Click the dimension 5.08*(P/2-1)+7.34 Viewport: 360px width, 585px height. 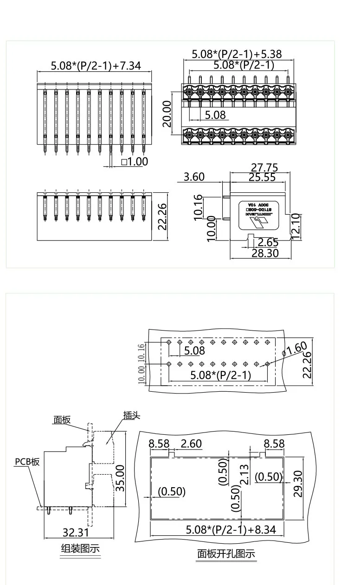[x=95, y=66]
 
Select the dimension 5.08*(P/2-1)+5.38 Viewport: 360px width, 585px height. [x=237, y=54]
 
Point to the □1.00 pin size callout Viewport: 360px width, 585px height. [x=134, y=161]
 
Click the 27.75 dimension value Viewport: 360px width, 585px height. [x=264, y=168]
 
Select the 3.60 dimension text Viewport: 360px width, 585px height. [x=194, y=177]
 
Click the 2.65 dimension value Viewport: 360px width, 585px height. [x=268, y=242]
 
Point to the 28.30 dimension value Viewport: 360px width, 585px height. [x=265, y=253]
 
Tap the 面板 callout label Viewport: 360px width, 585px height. [x=62, y=420]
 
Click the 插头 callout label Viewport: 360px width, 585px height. [x=131, y=415]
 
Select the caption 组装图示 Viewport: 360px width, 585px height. [x=80, y=549]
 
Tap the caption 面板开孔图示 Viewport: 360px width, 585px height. [x=226, y=553]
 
